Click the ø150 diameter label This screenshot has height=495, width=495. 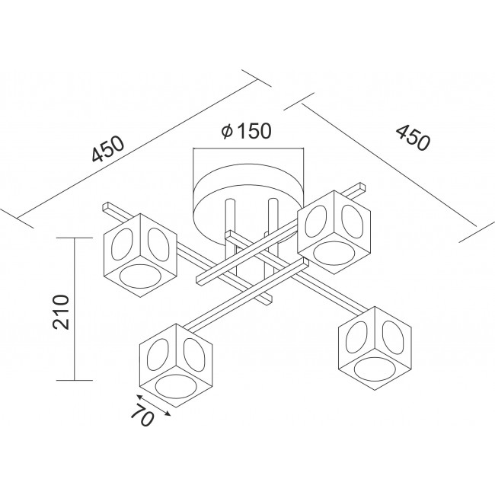[246, 130]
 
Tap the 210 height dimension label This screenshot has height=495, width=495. [61, 312]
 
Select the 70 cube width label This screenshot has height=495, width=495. [142, 414]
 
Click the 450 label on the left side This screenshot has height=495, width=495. [108, 148]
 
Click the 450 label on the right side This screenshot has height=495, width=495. [413, 137]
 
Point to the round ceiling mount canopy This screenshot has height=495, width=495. [248, 202]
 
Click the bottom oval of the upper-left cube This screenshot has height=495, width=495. [140, 276]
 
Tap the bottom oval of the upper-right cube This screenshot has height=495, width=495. [334, 253]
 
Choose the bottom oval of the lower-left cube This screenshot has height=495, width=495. [176, 386]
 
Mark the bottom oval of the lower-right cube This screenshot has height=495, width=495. [375, 369]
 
